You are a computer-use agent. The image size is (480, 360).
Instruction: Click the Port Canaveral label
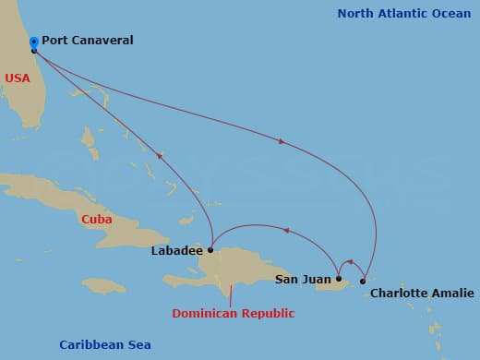click(88, 41)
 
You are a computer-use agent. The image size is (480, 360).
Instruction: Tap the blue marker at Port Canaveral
click(34, 42)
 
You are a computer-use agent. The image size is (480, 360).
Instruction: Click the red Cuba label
click(97, 220)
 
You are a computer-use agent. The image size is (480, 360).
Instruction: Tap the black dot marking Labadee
click(210, 249)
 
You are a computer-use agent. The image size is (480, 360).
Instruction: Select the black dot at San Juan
click(339, 278)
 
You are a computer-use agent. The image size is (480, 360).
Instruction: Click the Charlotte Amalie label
click(422, 294)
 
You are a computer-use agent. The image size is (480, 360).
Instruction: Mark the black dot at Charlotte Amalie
click(363, 281)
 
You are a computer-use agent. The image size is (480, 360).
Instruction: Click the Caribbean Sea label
click(104, 344)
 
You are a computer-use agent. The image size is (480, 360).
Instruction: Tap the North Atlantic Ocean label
click(403, 14)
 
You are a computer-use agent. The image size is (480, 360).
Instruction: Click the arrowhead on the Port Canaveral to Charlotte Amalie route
click(281, 141)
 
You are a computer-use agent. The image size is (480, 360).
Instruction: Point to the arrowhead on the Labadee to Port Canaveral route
click(160, 155)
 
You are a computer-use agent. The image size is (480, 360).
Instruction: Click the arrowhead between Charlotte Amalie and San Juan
click(347, 262)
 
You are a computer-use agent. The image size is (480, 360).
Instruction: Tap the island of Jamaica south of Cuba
click(103, 285)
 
